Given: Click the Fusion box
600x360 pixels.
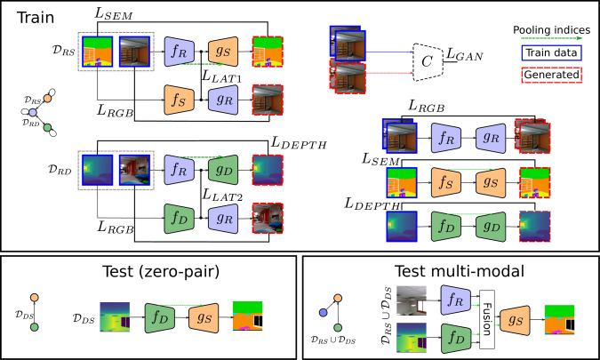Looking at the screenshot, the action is pyautogui.click(x=487, y=319).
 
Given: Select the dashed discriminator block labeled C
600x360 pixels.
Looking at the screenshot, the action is pyautogui.click(x=428, y=62).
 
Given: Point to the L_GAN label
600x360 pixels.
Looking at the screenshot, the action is pyautogui.click(x=465, y=55).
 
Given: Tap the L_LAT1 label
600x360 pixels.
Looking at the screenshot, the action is pyautogui.click(x=222, y=76).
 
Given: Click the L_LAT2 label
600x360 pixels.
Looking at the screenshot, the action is pyautogui.click(x=222, y=196).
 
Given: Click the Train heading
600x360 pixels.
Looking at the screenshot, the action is pyautogui.click(x=36, y=18).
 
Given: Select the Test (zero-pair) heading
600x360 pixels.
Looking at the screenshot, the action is pyautogui.click(x=161, y=272).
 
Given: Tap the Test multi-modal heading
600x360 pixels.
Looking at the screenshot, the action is pyautogui.click(x=460, y=271).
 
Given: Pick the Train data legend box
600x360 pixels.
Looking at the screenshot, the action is pyautogui.click(x=551, y=52).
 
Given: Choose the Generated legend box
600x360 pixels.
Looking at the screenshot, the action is pyautogui.click(x=551, y=75).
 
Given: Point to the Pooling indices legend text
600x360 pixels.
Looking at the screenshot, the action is pyautogui.click(x=551, y=30).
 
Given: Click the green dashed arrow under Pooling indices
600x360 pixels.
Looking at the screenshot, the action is pyautogui.click(x=551, y=38).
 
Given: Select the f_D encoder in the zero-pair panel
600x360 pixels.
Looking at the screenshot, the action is pyautogui.click(x=160, y=317).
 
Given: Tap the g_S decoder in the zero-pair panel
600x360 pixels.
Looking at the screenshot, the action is pyautogui.click(x=204, y=317).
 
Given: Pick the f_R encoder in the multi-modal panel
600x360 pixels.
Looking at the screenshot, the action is pyautogui.click(x=456, y=300).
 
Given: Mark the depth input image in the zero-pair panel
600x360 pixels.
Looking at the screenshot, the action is pyautogui.click(x=115, y=316).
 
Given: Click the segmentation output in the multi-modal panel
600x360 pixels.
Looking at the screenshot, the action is pyautogui.click(x=559, y=319).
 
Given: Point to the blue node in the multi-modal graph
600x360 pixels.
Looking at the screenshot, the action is pyautogui.click(x=324, y=313).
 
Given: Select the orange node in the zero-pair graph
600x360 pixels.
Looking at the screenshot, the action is pyautogui.click(x=35, y=298).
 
